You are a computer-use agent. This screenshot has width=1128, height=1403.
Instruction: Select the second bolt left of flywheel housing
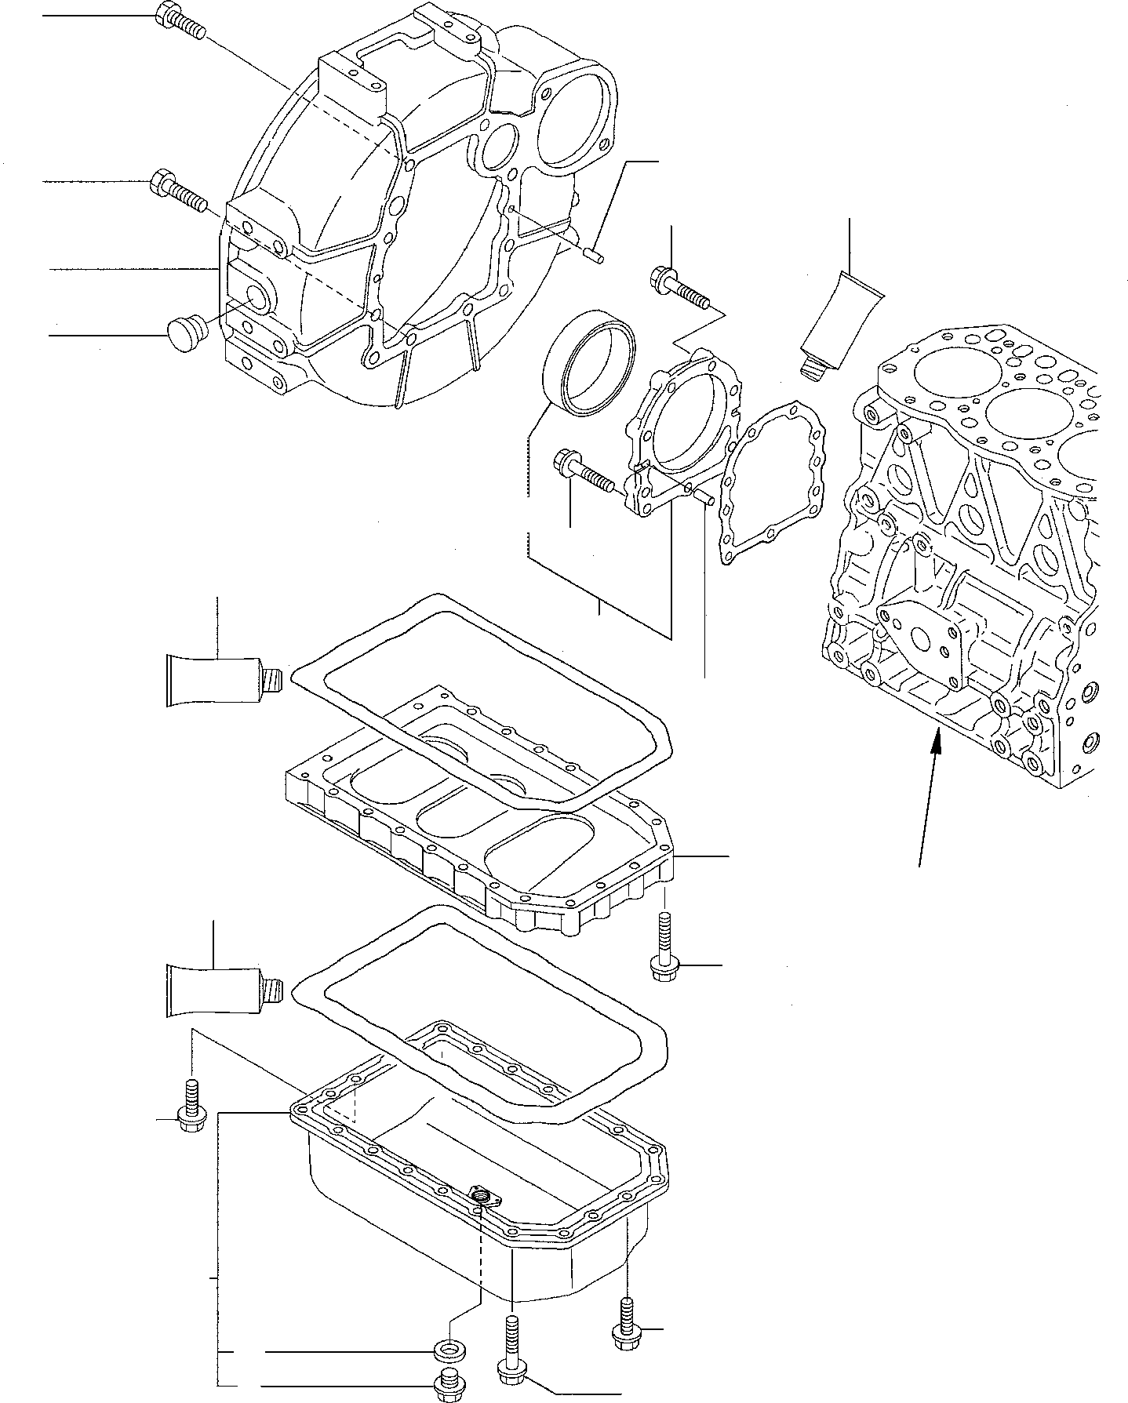(x=176, y=191)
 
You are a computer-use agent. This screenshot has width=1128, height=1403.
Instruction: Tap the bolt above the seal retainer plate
(x=678, y=287)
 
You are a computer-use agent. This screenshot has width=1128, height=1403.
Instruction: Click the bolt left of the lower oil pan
(x=191, y=1105)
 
